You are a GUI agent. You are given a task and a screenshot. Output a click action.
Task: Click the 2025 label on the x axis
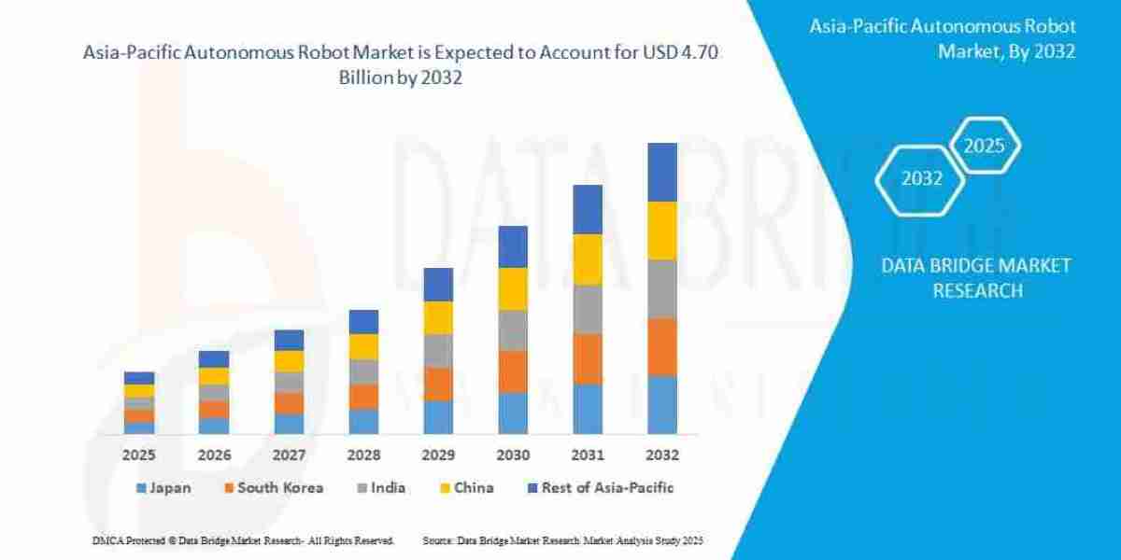[139, 455]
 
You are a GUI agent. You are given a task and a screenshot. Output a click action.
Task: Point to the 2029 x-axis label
[438, 455]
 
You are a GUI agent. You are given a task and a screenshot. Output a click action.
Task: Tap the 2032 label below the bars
[662, 455]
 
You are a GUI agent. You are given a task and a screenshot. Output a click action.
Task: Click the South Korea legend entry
[273, 487]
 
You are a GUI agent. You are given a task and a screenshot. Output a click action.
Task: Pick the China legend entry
[466, 487]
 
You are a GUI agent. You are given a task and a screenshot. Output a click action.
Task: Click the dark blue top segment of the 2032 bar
[662, 172]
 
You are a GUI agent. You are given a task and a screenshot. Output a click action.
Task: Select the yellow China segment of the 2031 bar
[588, 259]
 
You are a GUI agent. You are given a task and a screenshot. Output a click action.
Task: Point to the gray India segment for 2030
[513, 329]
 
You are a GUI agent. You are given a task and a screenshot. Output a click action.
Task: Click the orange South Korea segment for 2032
[662, 346]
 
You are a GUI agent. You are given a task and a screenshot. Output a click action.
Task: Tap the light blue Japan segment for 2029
[438, 416]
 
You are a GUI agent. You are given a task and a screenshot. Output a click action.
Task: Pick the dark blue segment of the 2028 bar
[363, 321]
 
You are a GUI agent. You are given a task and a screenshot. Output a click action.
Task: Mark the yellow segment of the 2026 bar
[214, 375]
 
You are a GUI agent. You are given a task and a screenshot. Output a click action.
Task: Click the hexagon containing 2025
[984, 146]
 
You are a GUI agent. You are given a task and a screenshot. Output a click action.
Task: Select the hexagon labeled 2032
[921, 178]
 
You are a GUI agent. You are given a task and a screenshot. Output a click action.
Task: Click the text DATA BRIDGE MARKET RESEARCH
[976, 278]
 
